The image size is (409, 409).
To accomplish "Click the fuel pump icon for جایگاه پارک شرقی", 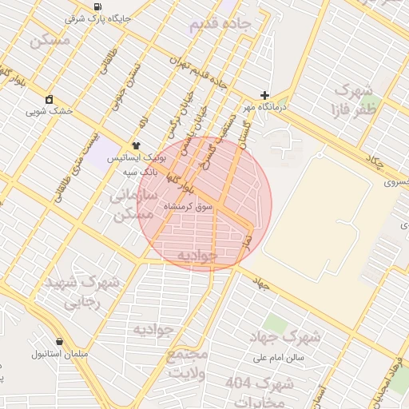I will click(x=97, y=6).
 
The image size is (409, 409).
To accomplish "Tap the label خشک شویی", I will click(x=50, y=111).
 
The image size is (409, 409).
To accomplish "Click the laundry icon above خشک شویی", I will click(x=50, y=99).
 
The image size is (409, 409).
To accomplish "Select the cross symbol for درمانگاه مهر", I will click(x=264, y=94).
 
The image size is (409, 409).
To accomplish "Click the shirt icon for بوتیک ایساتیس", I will click(x=136, y=145).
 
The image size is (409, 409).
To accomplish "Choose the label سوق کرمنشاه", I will click(x=189, y=206).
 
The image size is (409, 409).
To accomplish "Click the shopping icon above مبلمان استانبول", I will click(x=60, y=341).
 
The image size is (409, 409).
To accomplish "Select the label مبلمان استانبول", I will click(x=60, y=353).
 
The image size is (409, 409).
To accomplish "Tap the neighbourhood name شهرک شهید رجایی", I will click(x=82, y=292).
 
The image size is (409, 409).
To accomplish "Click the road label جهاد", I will click(x=260, y=283).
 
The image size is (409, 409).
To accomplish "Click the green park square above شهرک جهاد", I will click(x=276, y=324).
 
